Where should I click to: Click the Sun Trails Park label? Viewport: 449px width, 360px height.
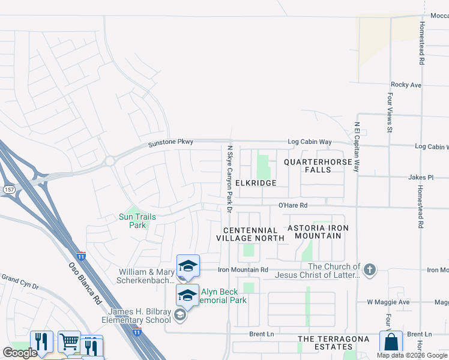137,221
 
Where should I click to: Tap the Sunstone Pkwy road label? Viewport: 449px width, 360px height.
171,143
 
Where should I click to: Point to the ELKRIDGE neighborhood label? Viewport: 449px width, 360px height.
256,183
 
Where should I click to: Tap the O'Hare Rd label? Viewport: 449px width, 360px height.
293,205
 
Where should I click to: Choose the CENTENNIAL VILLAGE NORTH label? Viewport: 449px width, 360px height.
250,234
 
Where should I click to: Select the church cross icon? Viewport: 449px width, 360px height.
370,269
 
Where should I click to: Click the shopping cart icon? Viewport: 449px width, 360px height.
70,341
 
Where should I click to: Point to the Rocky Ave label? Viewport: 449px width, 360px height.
406,85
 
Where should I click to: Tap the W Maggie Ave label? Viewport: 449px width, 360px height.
388,302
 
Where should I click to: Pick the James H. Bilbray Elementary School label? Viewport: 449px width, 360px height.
140,316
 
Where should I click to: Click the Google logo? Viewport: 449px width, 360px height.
20,353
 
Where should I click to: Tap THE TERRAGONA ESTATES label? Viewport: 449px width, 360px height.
325,343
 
